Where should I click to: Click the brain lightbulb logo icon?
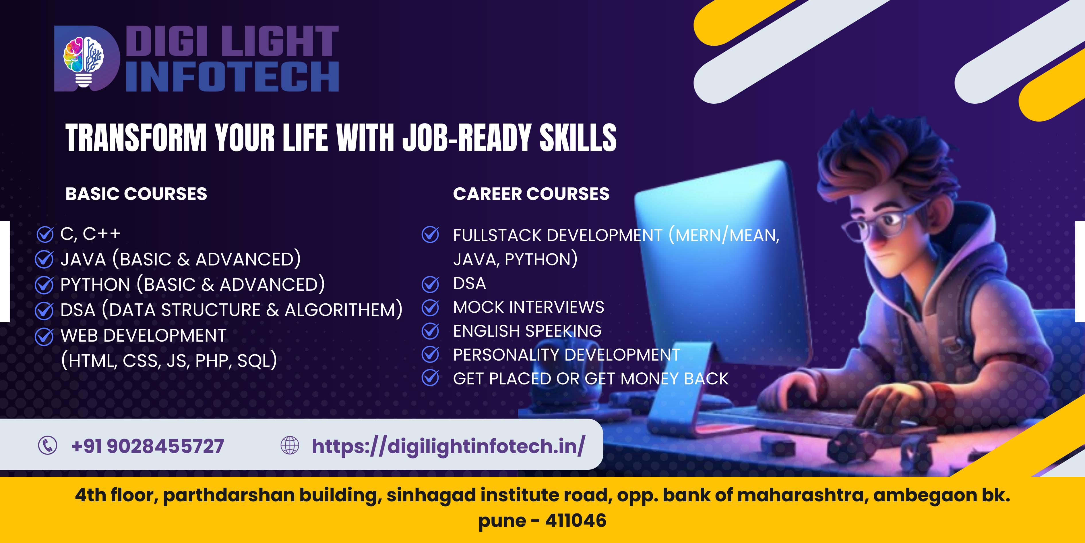tap(84, 61)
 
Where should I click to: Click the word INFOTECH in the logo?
tap(232, 76)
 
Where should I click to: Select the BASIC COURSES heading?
tap(136, 194)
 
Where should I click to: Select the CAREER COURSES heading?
tap(531, 194)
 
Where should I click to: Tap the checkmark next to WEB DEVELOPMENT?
tap(44, 336)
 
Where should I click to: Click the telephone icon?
tap(48, 445)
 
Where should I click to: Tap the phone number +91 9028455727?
tap(148, 446)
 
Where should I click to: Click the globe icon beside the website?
tap(290, 445)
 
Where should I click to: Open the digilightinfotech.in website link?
tap(449, 446)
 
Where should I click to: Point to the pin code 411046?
tap(576, 521)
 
